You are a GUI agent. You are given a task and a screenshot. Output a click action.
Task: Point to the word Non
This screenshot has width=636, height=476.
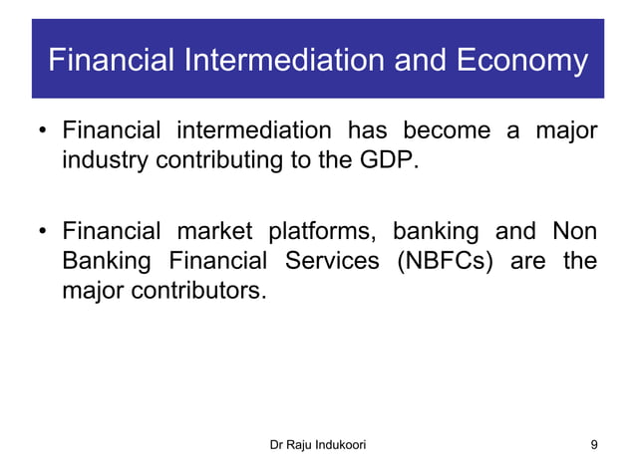coord(574,232)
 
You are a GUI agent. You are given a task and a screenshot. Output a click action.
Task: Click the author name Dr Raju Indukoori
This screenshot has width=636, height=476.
coord(317,444)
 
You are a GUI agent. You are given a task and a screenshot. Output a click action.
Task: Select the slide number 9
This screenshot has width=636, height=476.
coord(594,444)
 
